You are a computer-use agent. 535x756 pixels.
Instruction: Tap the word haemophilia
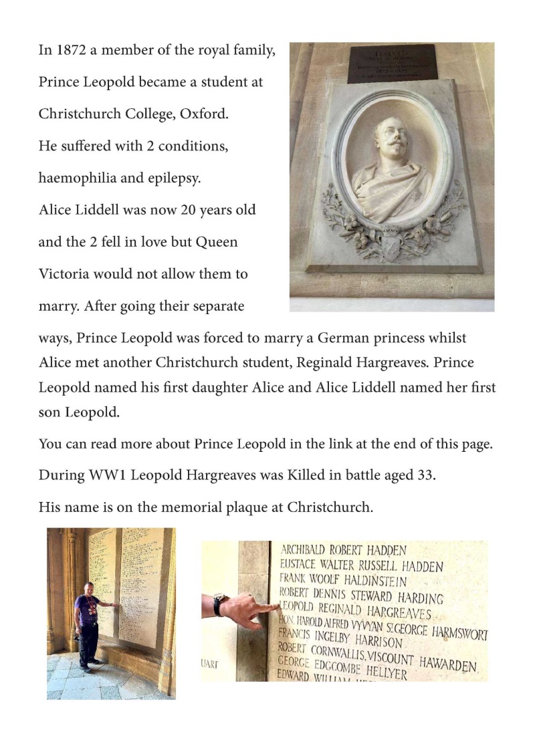[77, 178]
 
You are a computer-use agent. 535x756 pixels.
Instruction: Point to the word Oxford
[205, 114]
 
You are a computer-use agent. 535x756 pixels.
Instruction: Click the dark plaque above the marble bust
[391, 64]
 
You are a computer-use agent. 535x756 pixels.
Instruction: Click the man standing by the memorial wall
[90, 625]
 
